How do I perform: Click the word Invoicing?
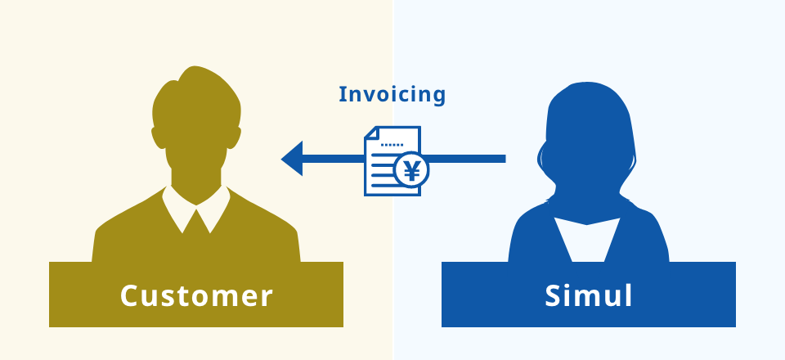point(392,95)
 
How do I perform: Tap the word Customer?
point(196,295)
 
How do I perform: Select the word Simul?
point(589,295)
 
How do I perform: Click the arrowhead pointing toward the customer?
point(292,159)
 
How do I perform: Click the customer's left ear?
point(158,137)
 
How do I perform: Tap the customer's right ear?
point(235,137)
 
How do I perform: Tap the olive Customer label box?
point(196,295)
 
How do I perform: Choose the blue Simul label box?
point(589,295)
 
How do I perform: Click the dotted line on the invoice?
point(392,145)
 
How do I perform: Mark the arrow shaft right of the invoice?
point(467,159)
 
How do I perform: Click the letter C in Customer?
point(129,295)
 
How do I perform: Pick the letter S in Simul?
point(553,295)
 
